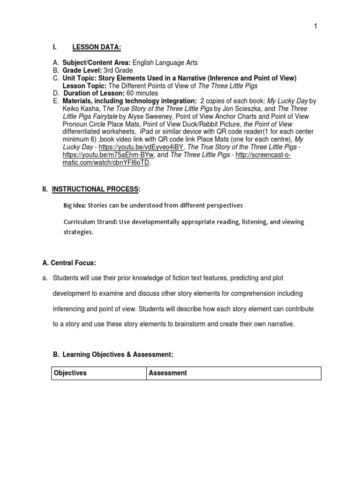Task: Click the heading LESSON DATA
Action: pyautogui.click(x=97, y=47)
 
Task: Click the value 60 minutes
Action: pyautogui.click(x=145, y=93)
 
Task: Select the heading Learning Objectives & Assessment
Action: pyautogui.click(x=118, y=356)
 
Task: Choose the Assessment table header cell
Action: pyautogui.click(x=168, y=373)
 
